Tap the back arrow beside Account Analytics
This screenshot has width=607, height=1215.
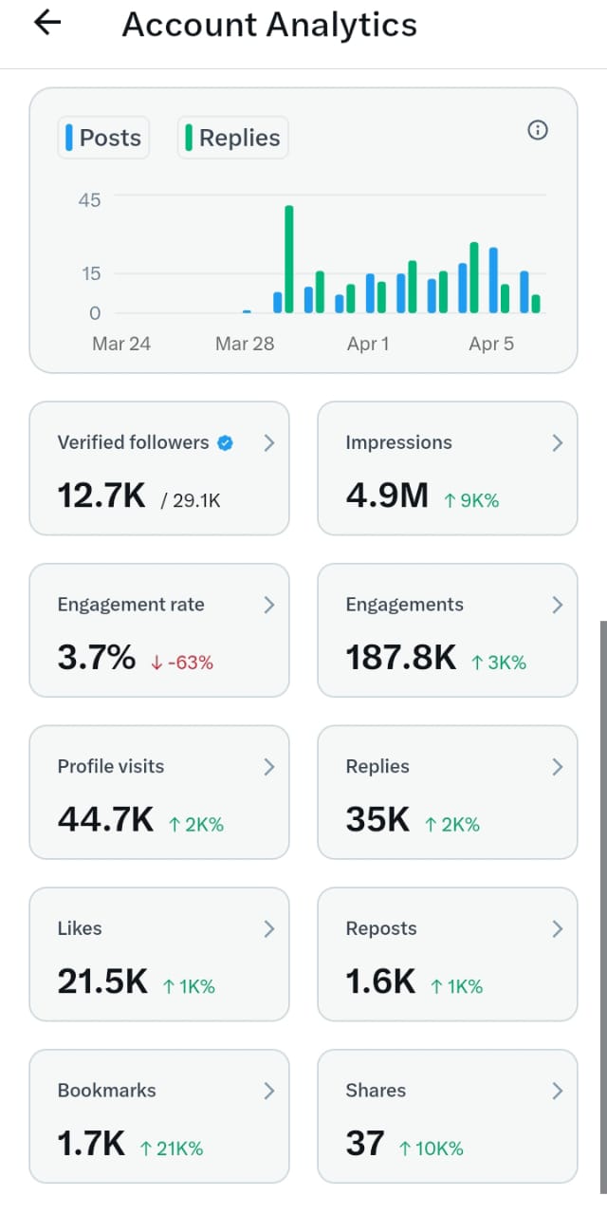tap(46, 24)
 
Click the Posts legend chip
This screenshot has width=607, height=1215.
tap(103, 138)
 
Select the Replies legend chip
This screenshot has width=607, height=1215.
tap(233, 138)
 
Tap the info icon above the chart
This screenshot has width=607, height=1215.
tap(537, 130)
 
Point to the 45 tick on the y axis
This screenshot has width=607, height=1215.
tap(90, 199)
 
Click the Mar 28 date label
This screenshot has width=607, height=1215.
tap(245, 344)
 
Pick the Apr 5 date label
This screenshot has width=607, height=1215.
tap(491, 344)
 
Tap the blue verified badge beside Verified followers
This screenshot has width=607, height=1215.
tap(225, 442)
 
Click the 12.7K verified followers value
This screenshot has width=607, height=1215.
tap(101, 495)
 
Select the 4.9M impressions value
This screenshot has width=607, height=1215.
tap(387, 495)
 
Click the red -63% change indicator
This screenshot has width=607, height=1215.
tap(182, 663)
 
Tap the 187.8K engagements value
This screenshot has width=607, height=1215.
tap(401, 657)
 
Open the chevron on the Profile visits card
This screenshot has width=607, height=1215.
tap(269, 766)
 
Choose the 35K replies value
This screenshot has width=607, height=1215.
tap(377, 819)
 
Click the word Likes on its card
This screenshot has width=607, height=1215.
tap(80, 928)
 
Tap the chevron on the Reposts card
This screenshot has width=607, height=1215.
tap(557, 928)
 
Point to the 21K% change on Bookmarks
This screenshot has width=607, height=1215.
tap(172, 1149)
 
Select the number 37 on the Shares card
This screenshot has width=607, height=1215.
tap(365, 1144)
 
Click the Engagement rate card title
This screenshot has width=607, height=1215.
tap(131, 605)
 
